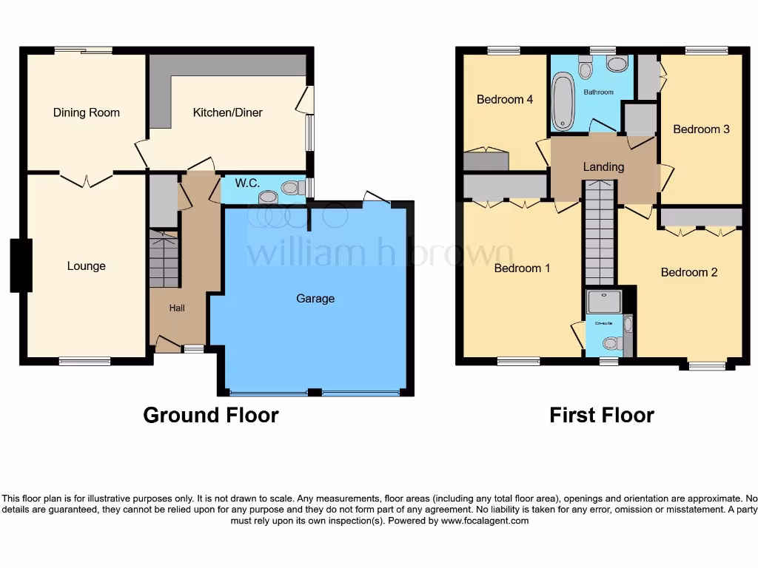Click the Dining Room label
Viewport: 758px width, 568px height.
[x=86, y=113]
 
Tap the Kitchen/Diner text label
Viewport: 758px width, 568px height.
[x=227, y=113]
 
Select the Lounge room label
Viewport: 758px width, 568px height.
[x=86, y=266]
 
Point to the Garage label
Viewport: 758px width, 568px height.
[x=315, y=299]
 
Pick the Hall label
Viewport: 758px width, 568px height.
[x=177, y=308]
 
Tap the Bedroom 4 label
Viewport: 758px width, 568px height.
[x=505, y=100]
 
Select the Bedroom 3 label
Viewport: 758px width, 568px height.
[x=701, y=129]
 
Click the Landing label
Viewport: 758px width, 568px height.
[x=603, y=167]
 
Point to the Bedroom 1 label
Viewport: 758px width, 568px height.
[x=522, y=268]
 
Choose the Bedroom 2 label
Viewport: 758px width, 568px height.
[x=688, y=272]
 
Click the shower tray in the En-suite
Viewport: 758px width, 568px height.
[x=603, y=300]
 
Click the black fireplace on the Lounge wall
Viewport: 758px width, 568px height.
[x=21, y=265]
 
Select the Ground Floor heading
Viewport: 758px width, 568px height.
[x=210, y=415]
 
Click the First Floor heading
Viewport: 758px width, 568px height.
[x=601, y=415]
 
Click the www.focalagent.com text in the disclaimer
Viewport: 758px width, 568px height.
[x=485, y=521]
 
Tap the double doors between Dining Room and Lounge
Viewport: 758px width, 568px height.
[x=86, y=178]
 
